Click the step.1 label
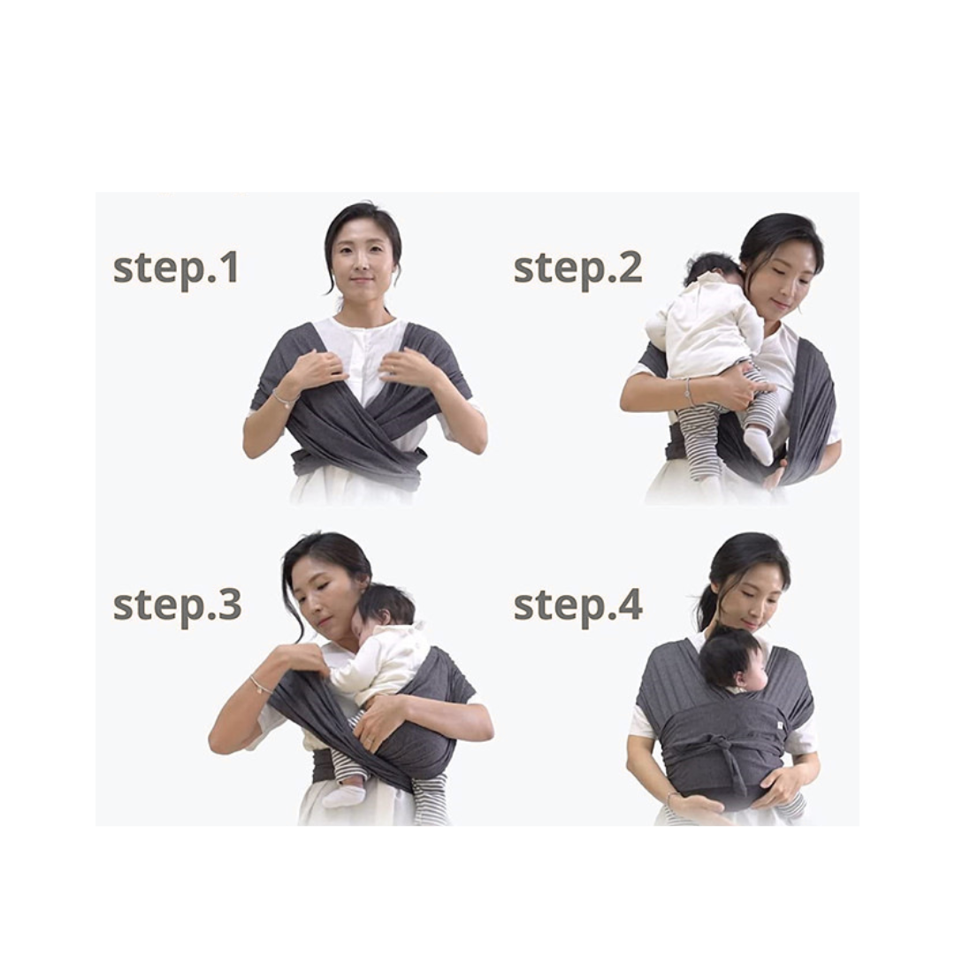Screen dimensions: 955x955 click(x=175, y=269)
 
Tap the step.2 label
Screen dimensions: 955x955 click(x=577, y=269)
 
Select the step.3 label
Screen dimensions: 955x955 click(x=177, y=606)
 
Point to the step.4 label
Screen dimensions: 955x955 click(x=577, y=606)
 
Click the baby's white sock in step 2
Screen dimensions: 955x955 click(x=757, y=445)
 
